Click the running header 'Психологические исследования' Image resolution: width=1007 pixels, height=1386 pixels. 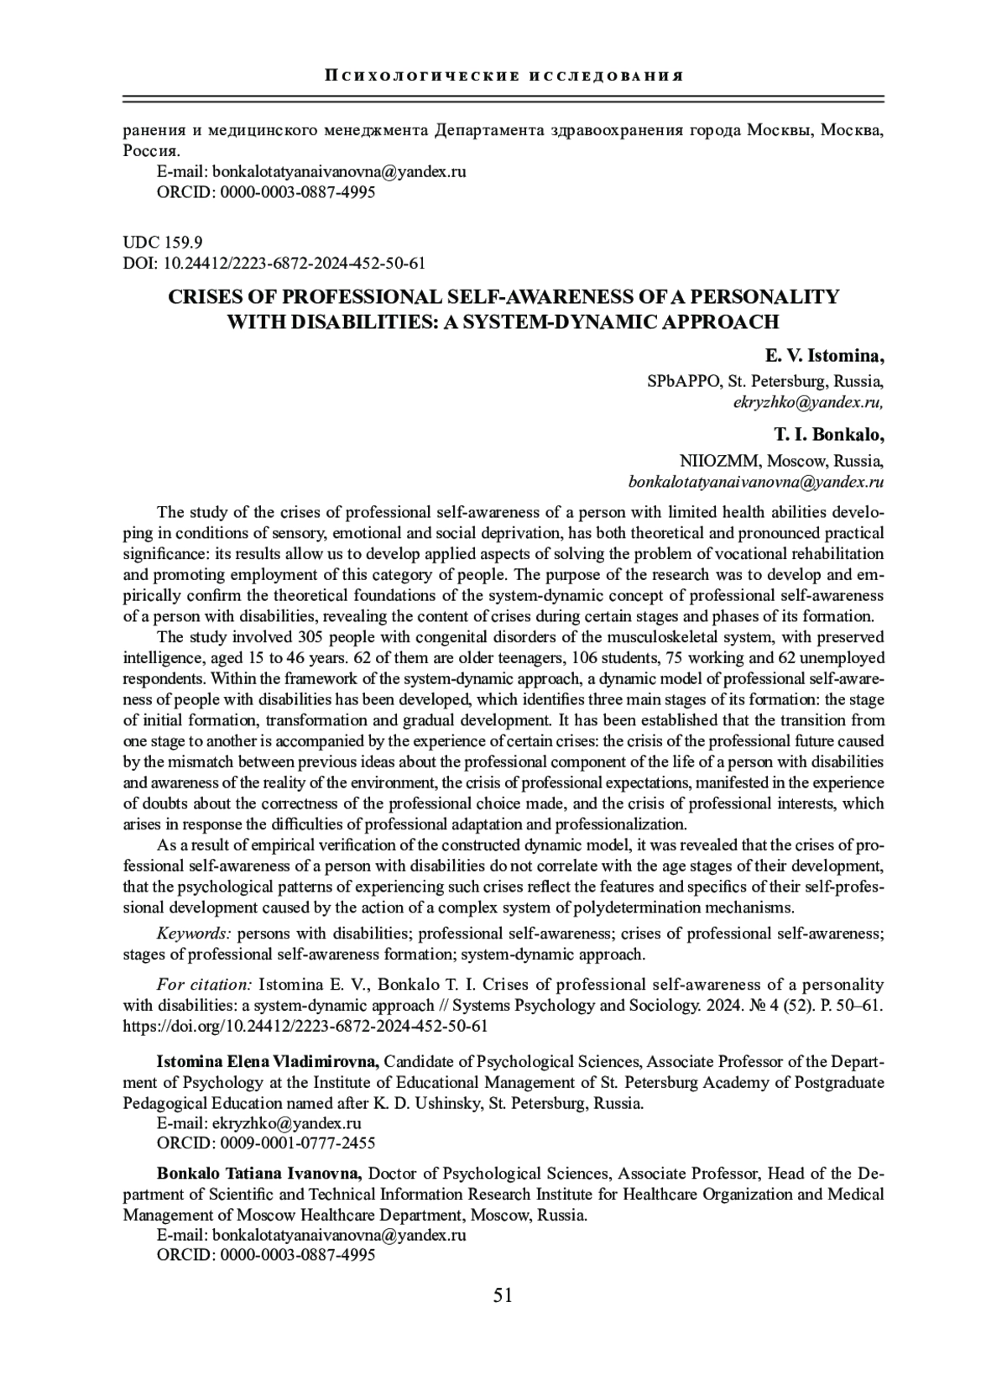(x=503, y=76)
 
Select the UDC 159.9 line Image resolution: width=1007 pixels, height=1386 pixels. (x=162, y=243)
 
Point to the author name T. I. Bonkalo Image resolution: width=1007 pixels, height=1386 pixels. (x=828, y=435)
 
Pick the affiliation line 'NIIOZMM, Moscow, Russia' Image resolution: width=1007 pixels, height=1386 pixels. (x=780, y=461)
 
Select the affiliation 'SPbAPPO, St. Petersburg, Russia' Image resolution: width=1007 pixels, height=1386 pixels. (x=764, y=381)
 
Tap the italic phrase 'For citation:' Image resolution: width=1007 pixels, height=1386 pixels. (x=204, y=984)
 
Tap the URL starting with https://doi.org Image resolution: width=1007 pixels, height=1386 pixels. (x=305, y=1026)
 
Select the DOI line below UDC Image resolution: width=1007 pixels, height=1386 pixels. (x=274, y=264)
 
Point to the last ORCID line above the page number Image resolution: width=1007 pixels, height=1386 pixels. (x=266, y=1256)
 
